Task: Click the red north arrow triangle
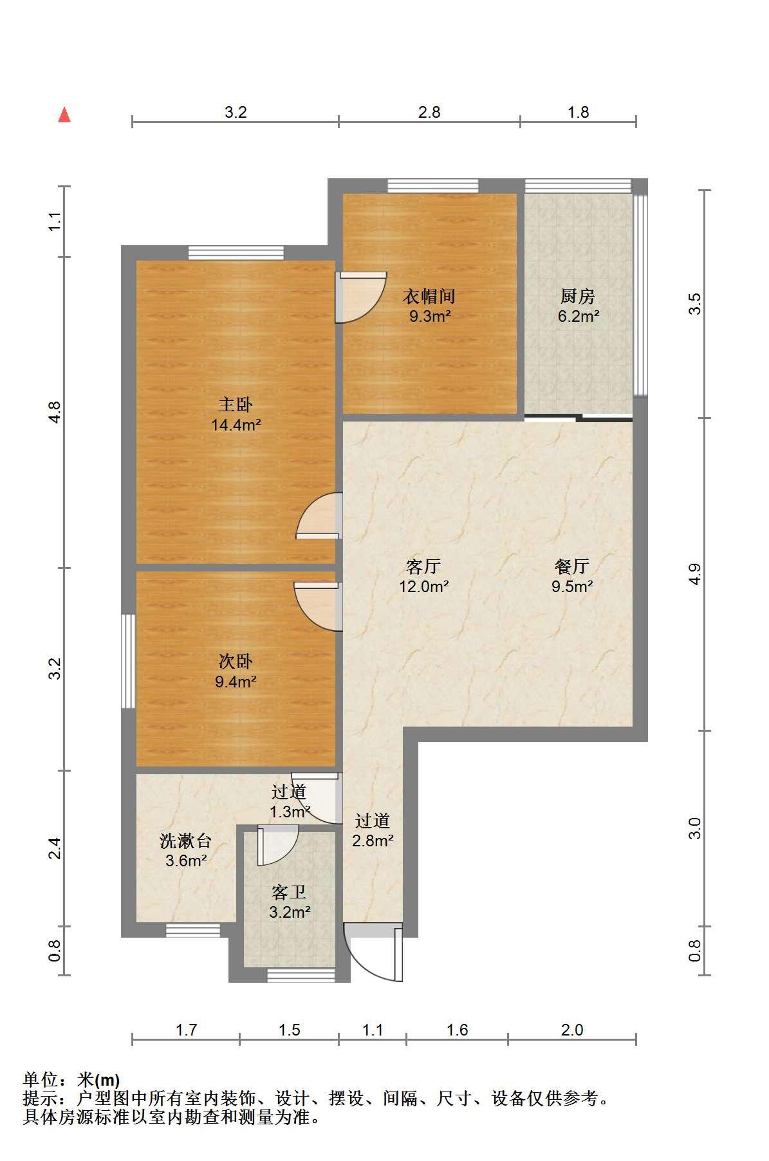coord(64,115)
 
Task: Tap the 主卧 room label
coord(236,405)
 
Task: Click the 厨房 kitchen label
coord(578,297)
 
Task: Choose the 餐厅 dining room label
coord(572,566)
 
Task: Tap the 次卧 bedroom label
coord(236,662)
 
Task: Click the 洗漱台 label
coord(185,841)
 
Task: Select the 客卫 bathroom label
coord(289,892)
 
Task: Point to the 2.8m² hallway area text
coord(373,840)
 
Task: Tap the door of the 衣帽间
coord(361,297)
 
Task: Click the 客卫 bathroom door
coord(277,846)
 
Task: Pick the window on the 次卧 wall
coord(129,662)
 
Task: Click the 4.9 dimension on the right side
coord(694,574)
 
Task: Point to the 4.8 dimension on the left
coord(55,412)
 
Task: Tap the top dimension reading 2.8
coord(429,112)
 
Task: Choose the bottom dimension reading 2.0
coord(571,1030)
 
